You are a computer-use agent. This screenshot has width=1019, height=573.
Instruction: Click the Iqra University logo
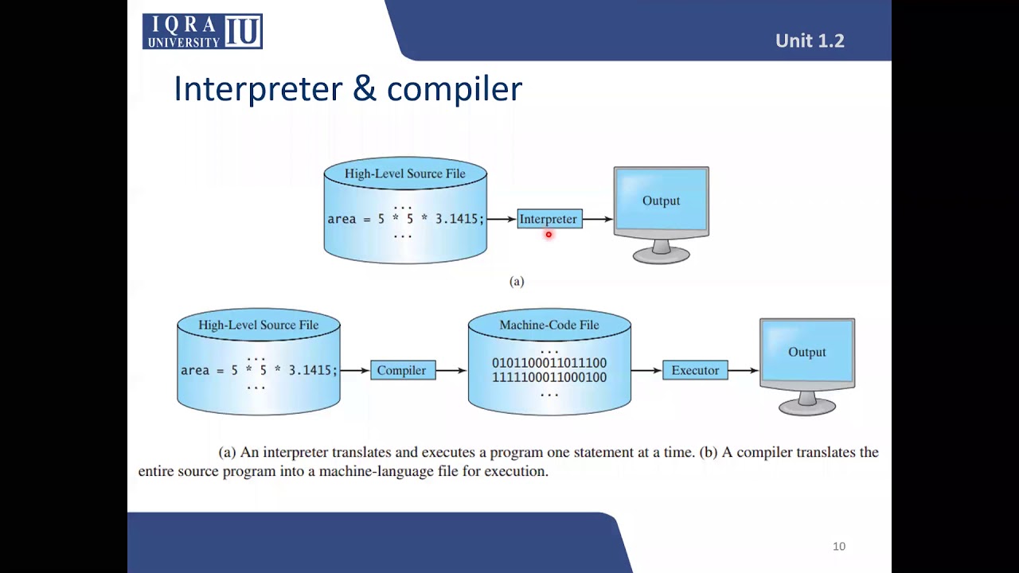[202, 32]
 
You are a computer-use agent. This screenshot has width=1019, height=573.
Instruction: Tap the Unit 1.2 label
[810, 41]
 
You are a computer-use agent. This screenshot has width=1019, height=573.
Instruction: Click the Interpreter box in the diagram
[549, 219]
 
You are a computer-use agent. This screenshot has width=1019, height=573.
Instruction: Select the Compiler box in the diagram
[402, 370]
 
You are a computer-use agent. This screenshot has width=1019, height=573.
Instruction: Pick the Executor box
[695, 370]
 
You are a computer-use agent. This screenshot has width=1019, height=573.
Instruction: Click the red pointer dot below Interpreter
[549, 235]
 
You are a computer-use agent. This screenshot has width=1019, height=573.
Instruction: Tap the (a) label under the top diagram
[517, 281]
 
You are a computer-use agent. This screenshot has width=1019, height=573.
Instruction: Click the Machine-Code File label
[549, 325]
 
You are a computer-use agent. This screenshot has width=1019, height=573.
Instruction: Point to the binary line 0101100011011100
[549, 363]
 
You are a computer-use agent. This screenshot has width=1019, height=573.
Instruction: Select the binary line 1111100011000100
[549, 377]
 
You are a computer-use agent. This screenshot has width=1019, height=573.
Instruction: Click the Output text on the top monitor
[661, 201]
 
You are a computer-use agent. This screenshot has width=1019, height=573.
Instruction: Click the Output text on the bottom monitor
[806, 352]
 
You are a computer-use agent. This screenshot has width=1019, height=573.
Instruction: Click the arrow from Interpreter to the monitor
[597, 219]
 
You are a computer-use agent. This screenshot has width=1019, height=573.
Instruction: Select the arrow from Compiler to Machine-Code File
[451, 370]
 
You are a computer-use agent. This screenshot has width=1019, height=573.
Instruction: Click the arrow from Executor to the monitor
[744, 370]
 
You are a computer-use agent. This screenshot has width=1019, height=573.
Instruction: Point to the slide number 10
[839, 546]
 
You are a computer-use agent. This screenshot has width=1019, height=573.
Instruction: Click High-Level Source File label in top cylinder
[404, 173]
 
